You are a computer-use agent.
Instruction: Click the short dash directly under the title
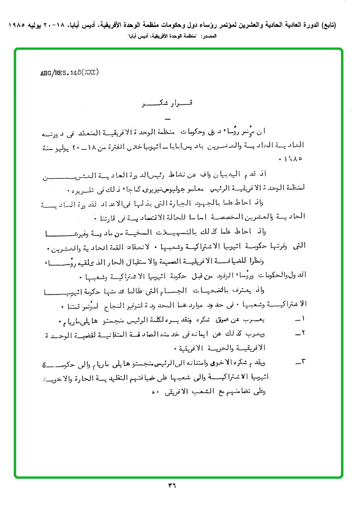coord(166,118)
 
